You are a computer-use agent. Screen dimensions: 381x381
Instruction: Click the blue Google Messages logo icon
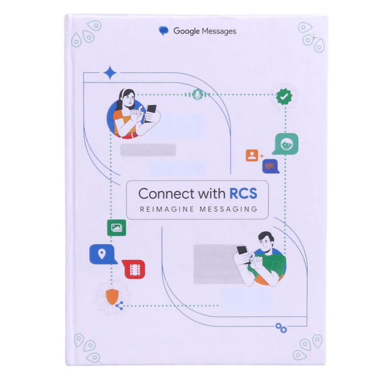pos(164,31)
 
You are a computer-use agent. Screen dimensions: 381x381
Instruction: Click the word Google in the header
pos(186,31)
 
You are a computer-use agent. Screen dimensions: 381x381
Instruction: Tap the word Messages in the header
pos(219,31)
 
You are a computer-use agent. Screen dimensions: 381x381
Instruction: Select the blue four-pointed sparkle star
pos(110,73)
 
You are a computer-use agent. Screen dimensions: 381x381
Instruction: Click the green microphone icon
pos(197,94)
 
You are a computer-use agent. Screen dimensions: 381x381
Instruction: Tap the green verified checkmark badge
pos(284,97)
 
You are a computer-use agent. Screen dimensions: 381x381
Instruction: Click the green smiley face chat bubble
pos(286,144)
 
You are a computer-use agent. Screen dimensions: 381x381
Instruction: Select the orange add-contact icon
pos(252,155)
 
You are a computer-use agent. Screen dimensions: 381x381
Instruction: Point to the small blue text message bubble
pos(270,166)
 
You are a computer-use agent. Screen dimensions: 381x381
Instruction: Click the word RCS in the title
pos(243,194)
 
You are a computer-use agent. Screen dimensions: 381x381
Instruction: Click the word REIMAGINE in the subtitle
pos(167,209)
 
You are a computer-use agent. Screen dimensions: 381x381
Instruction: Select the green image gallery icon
pos(117,228)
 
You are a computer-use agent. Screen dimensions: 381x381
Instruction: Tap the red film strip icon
pos(134,269)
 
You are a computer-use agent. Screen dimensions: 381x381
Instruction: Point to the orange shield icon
pos(112,297)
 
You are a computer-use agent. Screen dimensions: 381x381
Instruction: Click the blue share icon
pos(119,305)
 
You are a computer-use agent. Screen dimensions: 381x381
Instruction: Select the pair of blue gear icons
pos(281,328)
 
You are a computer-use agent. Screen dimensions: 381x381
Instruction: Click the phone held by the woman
pos(150,113)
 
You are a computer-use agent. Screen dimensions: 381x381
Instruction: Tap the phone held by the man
pos(243,255)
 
